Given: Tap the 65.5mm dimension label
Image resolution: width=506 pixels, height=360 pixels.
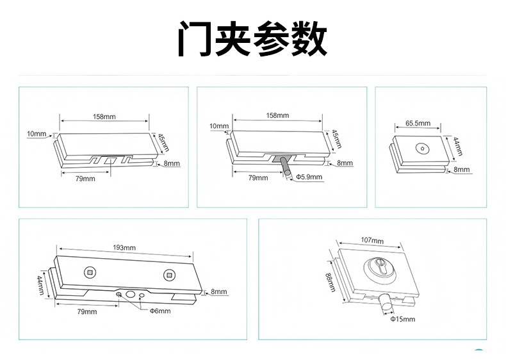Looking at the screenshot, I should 418,123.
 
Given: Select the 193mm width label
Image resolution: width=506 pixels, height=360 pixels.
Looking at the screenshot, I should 124,247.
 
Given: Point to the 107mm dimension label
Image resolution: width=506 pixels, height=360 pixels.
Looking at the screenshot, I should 372,240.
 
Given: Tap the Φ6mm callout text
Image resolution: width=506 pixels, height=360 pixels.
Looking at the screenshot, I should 159,311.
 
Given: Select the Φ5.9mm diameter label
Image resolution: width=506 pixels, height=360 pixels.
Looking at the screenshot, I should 310,177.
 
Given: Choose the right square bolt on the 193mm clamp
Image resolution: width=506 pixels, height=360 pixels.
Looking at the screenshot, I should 169,275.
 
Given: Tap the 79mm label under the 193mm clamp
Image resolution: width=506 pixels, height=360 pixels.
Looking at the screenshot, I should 86,311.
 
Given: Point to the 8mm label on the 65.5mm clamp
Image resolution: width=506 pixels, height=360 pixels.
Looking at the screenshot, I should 461,170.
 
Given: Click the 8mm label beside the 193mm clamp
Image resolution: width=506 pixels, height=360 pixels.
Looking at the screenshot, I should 218,291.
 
